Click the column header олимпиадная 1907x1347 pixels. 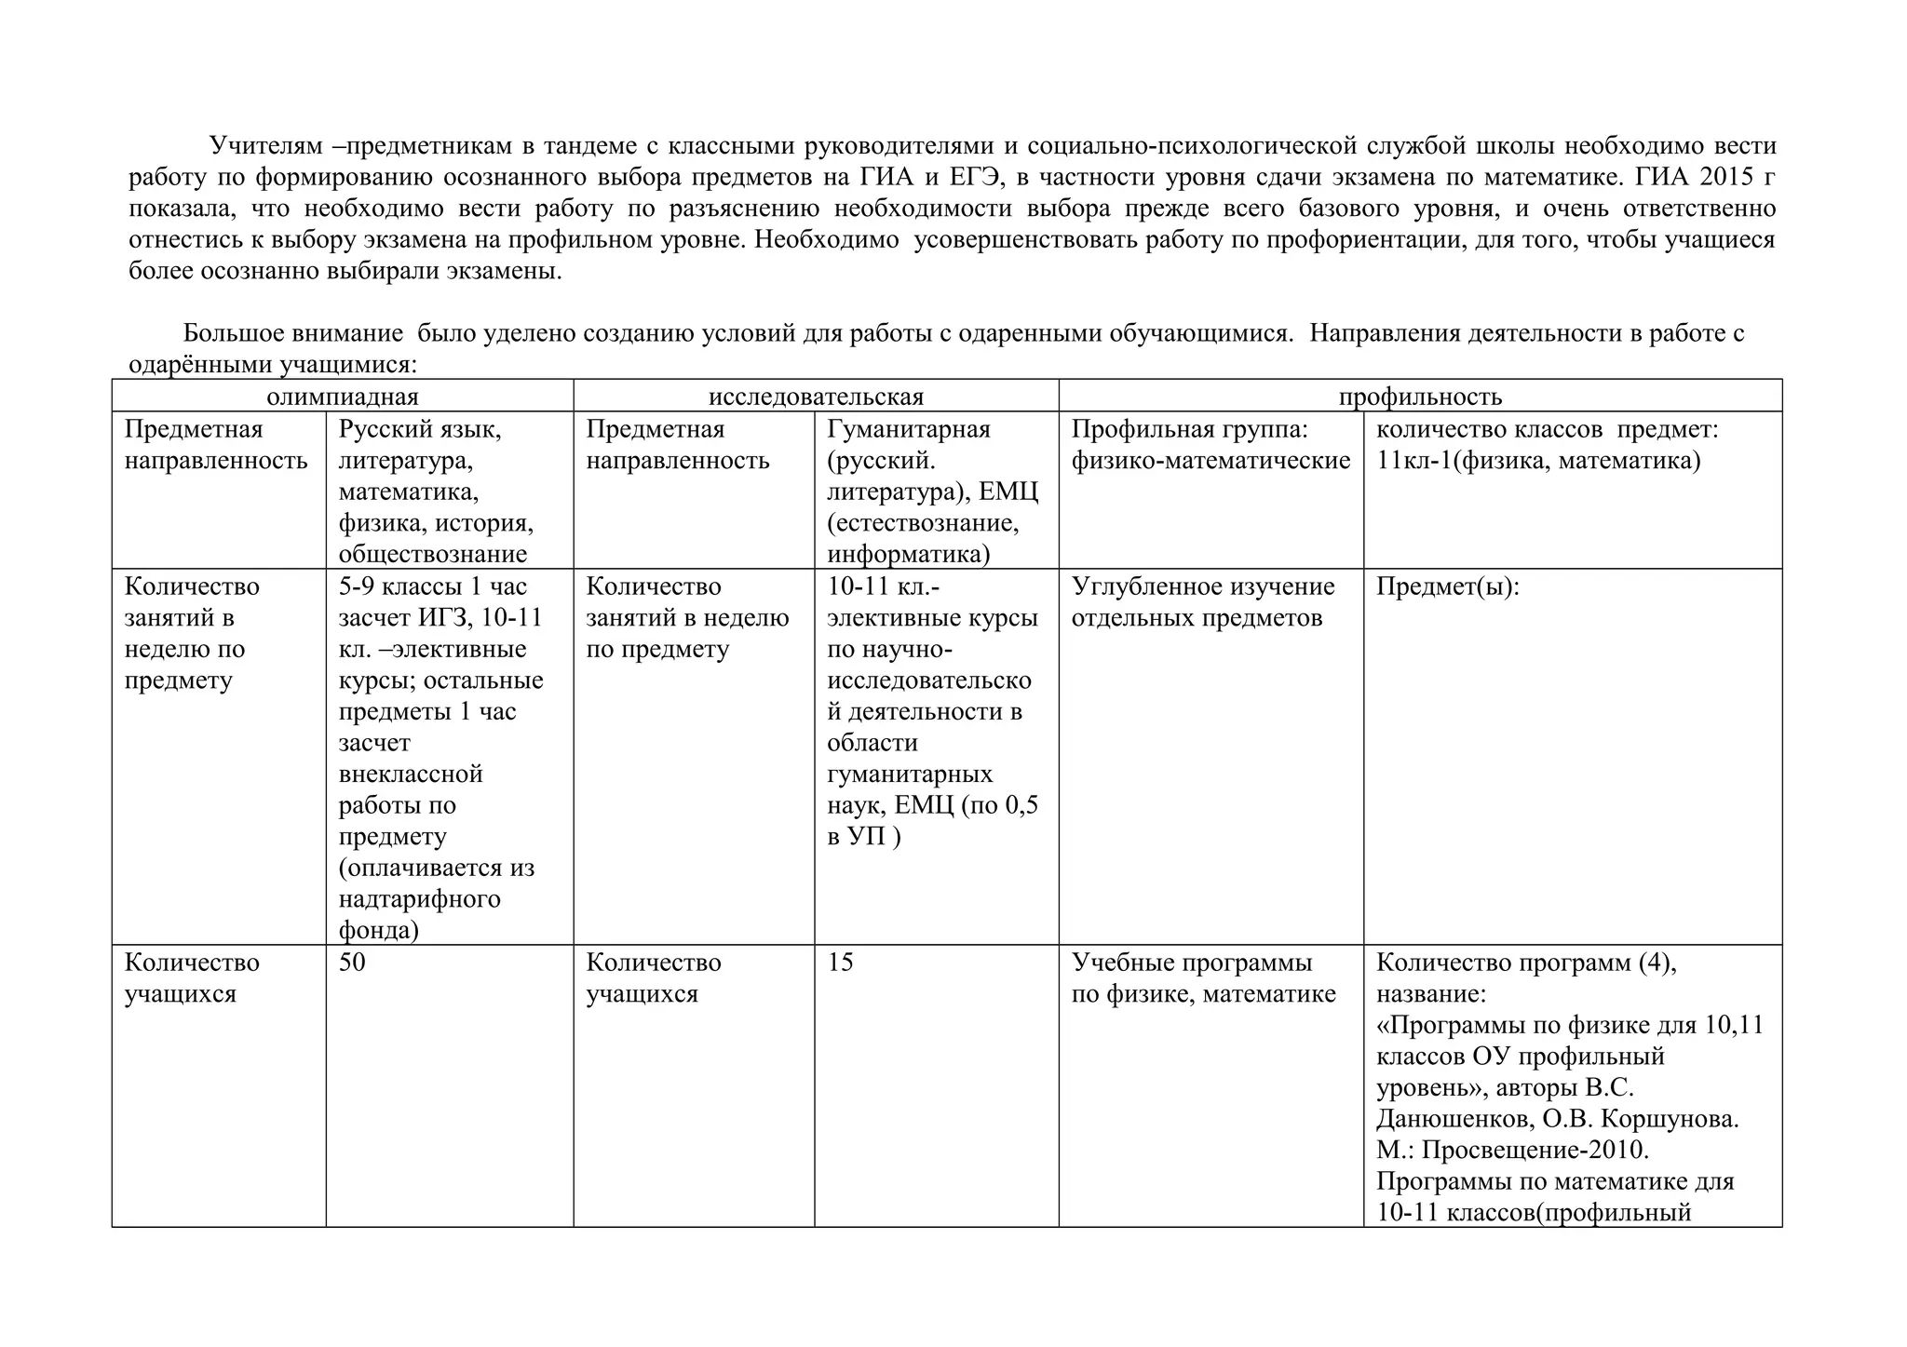(342, 397)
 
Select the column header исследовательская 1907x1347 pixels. (816, 397)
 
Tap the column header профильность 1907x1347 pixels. (1420, 397)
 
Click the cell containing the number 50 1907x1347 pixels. (352, 963)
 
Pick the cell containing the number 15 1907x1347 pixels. (840, 963)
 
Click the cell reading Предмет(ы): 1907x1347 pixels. (1447, 587)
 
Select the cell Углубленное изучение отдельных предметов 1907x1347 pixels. (1202, 602)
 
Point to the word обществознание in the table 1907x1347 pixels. (432, 555)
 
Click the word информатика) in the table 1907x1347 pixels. (908, 555)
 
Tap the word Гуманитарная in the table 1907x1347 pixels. (908, 430)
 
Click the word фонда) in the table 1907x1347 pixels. (378, 930)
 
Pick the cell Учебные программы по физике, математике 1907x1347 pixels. (1202, 978)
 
